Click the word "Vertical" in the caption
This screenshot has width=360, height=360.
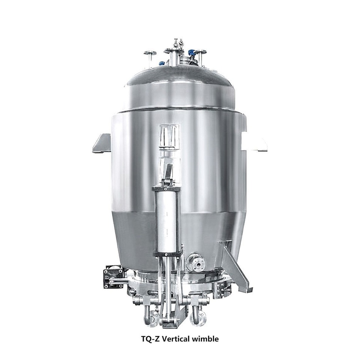point(175,339)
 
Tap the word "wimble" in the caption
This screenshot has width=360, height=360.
point(205,339)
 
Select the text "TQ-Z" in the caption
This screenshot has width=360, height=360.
point(150,339)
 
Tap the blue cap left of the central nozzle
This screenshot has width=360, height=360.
point(162,63)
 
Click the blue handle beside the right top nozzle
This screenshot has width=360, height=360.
point(192,52)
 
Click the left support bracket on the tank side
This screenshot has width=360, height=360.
point(102,143)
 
